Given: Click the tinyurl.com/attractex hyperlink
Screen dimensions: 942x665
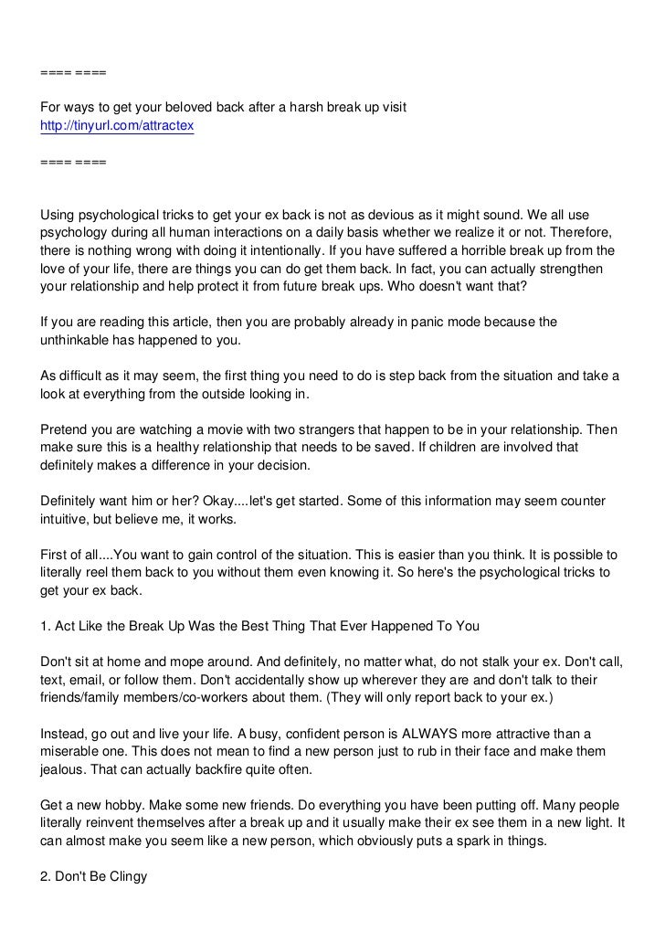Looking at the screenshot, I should coord(117,126).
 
